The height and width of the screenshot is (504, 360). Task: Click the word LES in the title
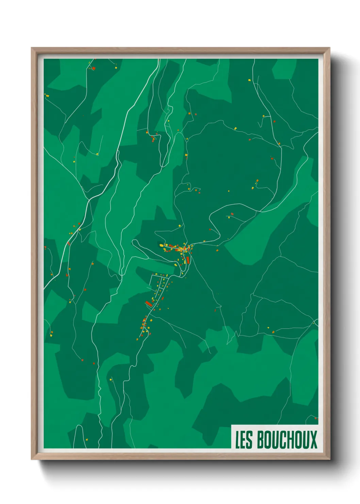[x=244, y=440]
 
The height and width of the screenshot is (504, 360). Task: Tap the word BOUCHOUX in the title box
[x=287, y=440]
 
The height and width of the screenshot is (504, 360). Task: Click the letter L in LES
[x=238, y=440]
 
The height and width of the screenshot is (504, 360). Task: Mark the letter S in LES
[x=249, y=440]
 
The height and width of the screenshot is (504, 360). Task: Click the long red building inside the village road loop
[x=187, y=260]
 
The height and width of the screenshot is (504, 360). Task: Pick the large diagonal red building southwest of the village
[x=149, y=303]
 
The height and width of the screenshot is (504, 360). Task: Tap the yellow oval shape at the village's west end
[x=161, y=245]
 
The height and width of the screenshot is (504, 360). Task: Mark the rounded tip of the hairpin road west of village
[x=134, y=242]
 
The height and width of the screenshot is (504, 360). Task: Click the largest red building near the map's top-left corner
[x=94, y=68]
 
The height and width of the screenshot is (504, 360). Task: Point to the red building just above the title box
[x=315, y=418]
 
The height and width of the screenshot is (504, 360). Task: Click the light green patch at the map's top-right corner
[x=284, y=68]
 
